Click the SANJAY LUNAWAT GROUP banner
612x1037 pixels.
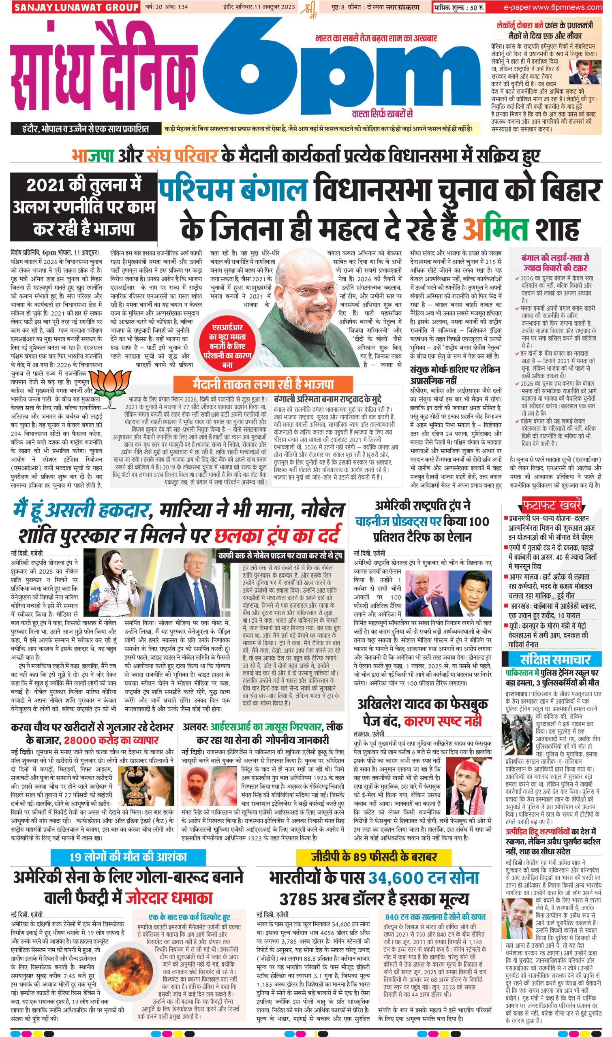[x=75, y=7]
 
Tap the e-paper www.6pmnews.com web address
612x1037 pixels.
[x=552, y=7]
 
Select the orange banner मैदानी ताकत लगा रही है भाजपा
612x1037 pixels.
[x=263, y=384]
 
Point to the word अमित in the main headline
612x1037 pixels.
[x=495, y=229]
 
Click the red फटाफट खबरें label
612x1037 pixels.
[x=552, y=505]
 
